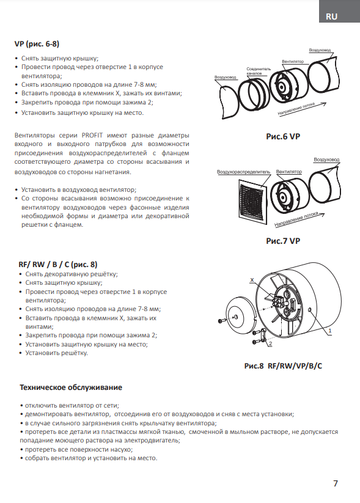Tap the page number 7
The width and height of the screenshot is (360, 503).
click(x=336, y=483)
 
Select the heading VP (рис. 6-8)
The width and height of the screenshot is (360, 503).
click(x=37, y=44)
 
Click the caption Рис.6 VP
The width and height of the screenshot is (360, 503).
click(x=283, y=136)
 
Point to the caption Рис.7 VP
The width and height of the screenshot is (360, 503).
click(x=283, y=241)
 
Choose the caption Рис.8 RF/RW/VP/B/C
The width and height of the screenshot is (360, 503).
click(x=283, y=366)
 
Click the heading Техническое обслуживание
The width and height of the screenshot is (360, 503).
click(x=71, y=387)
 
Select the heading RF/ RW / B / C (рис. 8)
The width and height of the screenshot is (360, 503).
click(x=57, y=264)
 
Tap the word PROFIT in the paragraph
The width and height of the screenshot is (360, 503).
click(x=92, y=135)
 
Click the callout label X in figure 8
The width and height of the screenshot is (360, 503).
click(x=252, y=280)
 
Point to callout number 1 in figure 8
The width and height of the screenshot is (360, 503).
click(x=330, y=331)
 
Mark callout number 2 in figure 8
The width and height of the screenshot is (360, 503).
click(x=271, y=343)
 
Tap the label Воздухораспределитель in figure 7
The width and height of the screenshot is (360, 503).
click(x=243, y=172)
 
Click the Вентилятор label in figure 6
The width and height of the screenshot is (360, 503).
click(x=293, y=61)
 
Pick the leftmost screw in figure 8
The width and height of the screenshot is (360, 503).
click(x=221, y=320)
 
